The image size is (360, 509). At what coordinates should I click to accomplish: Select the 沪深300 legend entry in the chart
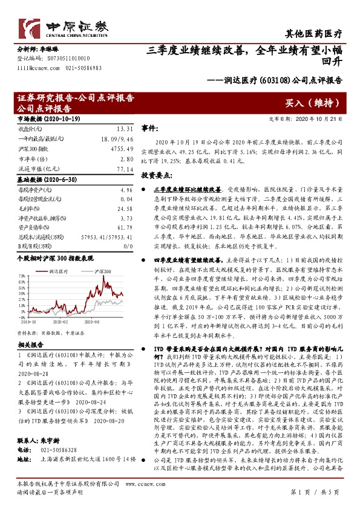click(102, 256)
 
